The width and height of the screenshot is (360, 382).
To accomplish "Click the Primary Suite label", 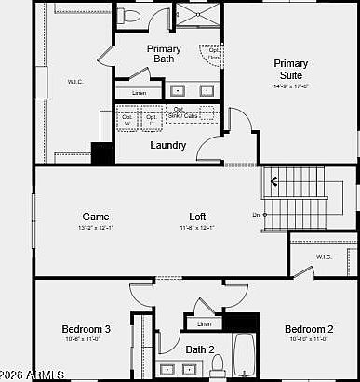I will pos(290,70).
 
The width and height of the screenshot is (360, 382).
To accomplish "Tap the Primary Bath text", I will pos(164,54).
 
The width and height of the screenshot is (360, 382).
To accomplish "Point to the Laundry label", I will pos(168,145).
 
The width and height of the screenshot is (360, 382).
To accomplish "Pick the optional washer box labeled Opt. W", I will pos(127,119).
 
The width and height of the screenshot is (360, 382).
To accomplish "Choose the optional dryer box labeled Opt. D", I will pos(152,119).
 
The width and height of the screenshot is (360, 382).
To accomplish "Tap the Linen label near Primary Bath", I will pos(139,94).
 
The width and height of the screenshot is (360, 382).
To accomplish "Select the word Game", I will pos(96,217).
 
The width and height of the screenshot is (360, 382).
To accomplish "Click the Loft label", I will pos(197,217).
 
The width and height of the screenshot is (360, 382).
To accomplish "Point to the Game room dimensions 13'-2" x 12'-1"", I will pos(96,228).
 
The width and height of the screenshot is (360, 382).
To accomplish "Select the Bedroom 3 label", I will pos(87,329).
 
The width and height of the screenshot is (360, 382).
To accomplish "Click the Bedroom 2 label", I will pos(309,329).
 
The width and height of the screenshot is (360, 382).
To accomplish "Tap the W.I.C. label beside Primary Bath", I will pos(74,82).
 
